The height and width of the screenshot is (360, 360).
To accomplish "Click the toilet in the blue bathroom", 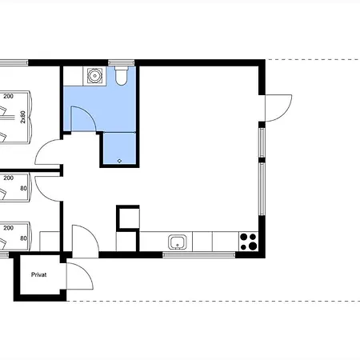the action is (x=122, y=75).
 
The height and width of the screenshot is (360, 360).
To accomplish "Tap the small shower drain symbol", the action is (x=119, y=161).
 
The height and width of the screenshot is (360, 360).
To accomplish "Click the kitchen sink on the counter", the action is (x=178, y=242).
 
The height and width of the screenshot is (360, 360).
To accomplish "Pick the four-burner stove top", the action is (x=248, y=242).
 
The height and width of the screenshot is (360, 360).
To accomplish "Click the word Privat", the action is (x=39, y=274).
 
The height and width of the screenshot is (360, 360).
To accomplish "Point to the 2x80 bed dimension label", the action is (x=23, y=117).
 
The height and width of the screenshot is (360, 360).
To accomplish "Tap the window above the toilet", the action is (x=122, y=62).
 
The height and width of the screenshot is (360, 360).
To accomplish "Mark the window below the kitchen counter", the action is (x=199, y=255).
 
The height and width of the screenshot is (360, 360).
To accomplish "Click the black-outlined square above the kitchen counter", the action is (x=128, y=217).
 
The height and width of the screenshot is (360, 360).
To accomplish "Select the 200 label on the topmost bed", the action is (x=8, y=96).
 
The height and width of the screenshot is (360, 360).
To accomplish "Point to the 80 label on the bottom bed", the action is (x=23, y=238).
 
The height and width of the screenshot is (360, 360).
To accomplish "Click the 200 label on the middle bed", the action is (x=8, y=178).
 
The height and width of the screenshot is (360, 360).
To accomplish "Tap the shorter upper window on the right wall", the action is (x=262, y=142).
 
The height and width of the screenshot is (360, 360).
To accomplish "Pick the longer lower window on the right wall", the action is (x=262, y=189).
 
